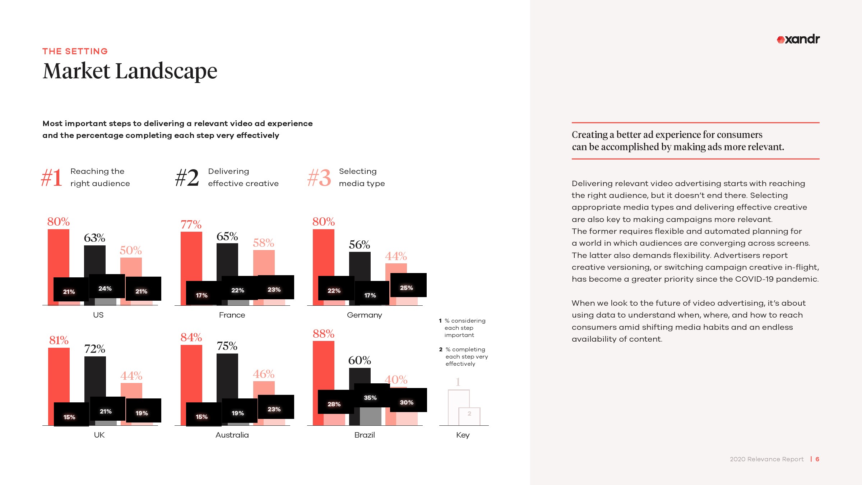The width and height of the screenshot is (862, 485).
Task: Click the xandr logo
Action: tap(798, 39)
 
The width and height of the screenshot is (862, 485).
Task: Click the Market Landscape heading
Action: tap(130, 71)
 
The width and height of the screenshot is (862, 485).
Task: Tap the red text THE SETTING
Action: tap(75, 51)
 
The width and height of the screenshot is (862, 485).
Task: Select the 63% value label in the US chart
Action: tap(94, 238)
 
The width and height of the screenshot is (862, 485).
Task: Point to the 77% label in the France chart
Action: tap(191, 225)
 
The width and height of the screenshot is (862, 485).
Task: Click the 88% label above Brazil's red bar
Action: tap(323, 334)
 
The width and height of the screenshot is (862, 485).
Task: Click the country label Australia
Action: tap(232, 435)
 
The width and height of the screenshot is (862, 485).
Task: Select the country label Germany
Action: tap(364, 315)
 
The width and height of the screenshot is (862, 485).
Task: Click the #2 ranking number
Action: tap(187, 178)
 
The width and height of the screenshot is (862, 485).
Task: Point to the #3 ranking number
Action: tap(319, 178)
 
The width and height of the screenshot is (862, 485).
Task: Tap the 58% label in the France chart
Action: tap(263, 243)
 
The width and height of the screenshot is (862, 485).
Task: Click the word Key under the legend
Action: tap(463, 435)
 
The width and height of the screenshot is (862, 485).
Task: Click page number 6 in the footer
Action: tap(817, 459)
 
